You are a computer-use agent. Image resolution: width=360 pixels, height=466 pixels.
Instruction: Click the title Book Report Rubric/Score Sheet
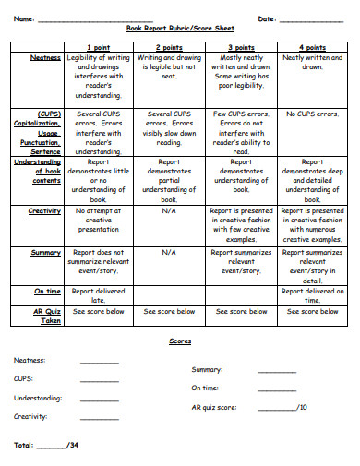(180, 29)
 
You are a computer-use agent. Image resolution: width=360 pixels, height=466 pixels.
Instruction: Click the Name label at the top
(23, 18)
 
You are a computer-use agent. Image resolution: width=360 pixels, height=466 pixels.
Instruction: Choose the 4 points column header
(313, 47)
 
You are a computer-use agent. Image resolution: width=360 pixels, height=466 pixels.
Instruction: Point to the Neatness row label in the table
(45, 57)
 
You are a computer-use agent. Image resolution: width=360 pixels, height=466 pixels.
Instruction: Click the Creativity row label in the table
(43, 210)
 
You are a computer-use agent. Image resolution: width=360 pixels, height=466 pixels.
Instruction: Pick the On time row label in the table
(48, 291)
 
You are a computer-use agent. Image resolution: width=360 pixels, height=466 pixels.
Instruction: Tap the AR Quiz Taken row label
(46, 316)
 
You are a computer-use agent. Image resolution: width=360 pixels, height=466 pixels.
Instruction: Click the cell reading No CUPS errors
(313, 114)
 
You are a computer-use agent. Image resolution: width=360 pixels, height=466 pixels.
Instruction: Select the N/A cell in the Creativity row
(168, 210)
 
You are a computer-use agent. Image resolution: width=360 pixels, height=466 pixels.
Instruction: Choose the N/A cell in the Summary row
(168, 251)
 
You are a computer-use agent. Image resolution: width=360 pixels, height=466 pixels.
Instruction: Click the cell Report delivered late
(99, 294)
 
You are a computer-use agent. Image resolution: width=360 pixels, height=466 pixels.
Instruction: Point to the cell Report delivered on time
(313, 294)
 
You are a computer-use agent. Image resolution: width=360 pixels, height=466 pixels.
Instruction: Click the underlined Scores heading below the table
(180, 341)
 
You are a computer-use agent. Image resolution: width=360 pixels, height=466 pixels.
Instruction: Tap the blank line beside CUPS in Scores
(100, 379)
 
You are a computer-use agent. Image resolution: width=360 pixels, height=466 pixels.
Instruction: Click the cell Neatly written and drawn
(313, 62)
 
